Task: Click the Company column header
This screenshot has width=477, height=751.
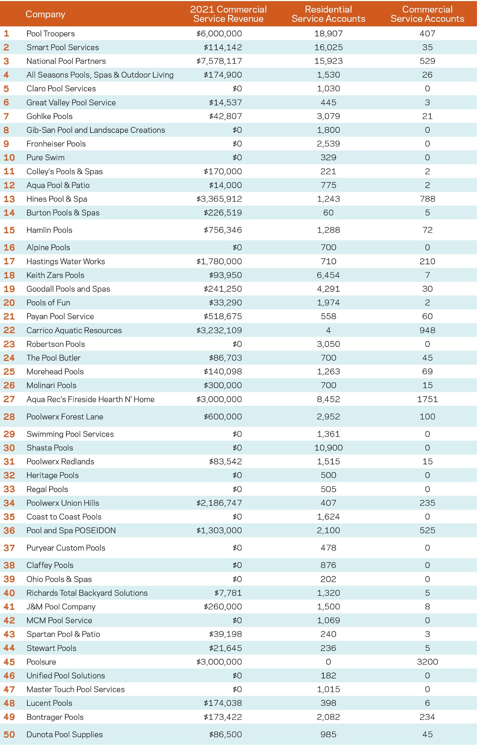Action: [45, 14]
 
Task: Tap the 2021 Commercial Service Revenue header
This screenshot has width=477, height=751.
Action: [228, 14]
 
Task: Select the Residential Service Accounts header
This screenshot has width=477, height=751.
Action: [328, 14]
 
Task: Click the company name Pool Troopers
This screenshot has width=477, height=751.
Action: [51, 34]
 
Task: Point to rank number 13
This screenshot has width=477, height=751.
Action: [9, 199]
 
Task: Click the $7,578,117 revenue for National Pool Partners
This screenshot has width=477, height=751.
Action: [219, 61]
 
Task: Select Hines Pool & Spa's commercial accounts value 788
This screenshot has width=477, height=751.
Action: [427, 199]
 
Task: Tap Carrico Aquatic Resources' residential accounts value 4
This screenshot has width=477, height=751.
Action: [328, 330]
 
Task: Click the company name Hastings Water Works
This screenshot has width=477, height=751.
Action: [66, 261]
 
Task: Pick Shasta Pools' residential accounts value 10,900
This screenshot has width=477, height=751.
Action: [328, 448]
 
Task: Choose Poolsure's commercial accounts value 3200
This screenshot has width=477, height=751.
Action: [427, 662]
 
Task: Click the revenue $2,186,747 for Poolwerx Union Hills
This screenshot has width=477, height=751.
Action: [219, 503]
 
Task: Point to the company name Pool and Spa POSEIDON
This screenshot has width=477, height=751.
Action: [71, 531]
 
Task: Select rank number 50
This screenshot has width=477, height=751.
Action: [9, 734]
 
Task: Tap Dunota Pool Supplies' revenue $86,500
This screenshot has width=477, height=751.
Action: [225, 734]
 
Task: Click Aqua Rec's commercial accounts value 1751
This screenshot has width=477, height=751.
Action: [427, 399]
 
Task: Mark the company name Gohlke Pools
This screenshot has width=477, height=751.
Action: [50, 116]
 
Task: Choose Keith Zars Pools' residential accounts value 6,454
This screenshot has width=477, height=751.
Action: [328, 275]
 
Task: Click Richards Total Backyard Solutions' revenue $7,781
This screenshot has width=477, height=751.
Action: [228, 593]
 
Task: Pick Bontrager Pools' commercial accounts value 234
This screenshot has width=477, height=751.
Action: [427, 717]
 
